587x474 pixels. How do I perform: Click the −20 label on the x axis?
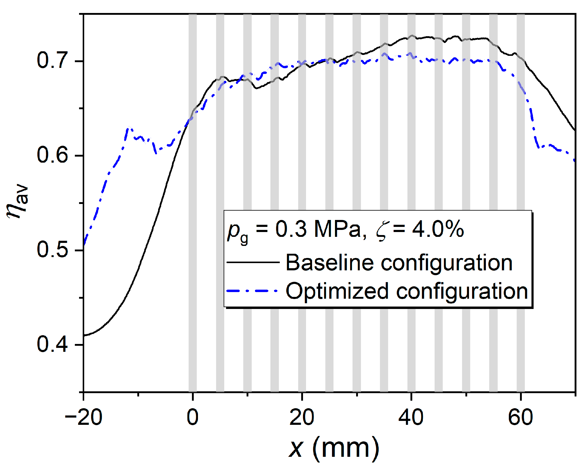click(x=84, y=418)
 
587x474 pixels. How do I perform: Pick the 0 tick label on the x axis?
click(x=193, y=418)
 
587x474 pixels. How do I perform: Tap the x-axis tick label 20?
click(x=302, y=418)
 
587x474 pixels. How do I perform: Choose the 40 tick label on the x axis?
click(x=411, y=418)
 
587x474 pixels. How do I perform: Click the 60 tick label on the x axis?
click(x=520, y=418)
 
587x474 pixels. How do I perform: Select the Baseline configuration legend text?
click(x=399, y=262)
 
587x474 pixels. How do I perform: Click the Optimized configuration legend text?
click(x=407, y=291)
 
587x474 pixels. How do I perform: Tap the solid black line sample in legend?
click(x=253, y=262)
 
